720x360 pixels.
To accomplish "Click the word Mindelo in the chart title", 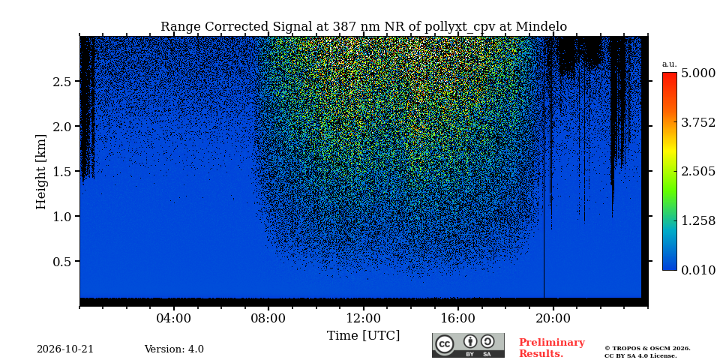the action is tap(541, 27).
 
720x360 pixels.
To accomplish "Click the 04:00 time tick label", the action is tap(174, 318).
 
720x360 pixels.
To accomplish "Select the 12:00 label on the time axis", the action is tap(363, 318).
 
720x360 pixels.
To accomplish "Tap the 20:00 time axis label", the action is tap(553, 318).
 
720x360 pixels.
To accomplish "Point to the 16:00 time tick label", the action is tap(458, 318).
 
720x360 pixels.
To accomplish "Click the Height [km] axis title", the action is tap(40, 172).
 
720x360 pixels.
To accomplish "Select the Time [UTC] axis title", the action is tap(363, 336).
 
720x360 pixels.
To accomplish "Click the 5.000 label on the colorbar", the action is tap(698, 73).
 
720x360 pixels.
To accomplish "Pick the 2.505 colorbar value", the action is tap(698, 172).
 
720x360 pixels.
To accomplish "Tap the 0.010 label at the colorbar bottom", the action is tap(698, 270).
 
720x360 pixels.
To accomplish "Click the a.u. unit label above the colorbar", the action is tap(670, 64).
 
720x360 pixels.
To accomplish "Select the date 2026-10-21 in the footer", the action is tap(65, 349).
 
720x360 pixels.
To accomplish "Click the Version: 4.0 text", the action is tap(174, 349).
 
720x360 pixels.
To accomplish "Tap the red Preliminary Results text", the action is tap(551, 348).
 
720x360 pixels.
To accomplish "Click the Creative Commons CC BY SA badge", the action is tap(468, 345).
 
